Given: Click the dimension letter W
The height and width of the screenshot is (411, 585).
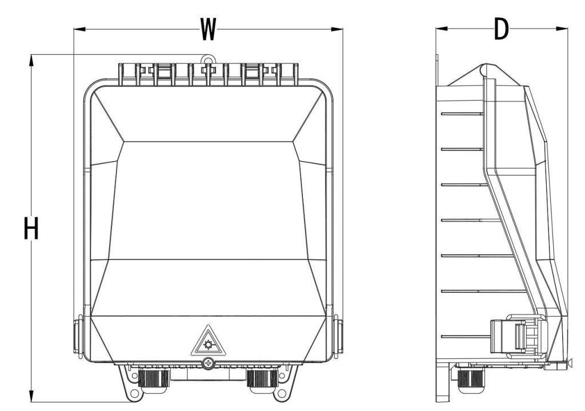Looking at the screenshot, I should click(208, 29).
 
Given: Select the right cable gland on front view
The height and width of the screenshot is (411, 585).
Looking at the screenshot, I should click(262, 378).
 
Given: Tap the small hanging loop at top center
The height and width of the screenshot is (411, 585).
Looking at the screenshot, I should click(209, 59).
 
